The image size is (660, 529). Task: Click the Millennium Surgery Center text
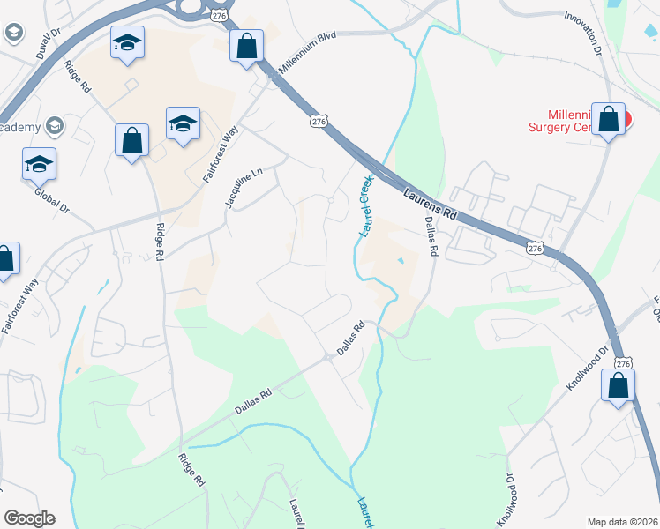tap(582, 121)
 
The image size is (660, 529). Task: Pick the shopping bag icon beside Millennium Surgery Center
tap(609, 121)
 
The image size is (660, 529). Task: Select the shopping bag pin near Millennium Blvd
tap(247, 46)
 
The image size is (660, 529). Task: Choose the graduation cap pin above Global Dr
tap(39, 164)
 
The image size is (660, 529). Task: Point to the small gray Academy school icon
tap(55, 127)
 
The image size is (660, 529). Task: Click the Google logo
tap(29, 518)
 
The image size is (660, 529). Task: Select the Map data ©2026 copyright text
tap(622, 521)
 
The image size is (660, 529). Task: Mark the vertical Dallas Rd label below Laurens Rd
tap(431, 236)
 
